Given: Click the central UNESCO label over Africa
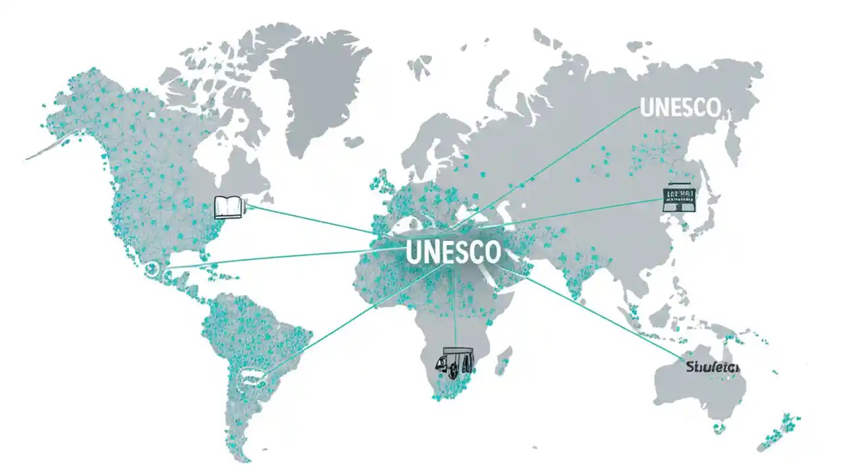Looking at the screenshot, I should (x=454, y=252).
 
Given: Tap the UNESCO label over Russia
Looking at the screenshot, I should (x=681, y=108).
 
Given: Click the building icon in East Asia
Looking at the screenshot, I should (x=678, y=197).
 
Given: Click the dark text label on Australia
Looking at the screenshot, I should (x=711, y=366).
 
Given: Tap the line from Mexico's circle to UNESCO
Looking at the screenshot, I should (x=277, y=258).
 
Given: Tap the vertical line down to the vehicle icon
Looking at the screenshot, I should (x=455, y=309).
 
